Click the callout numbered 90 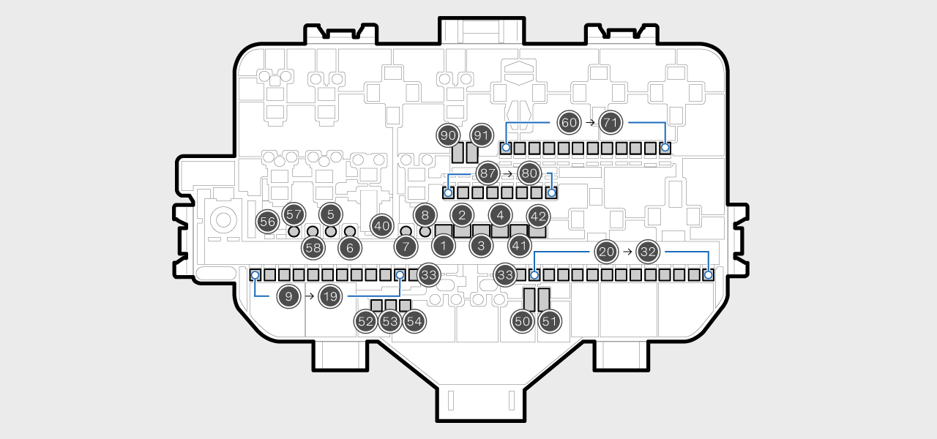tap(448, 135)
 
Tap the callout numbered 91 tap(481, 135)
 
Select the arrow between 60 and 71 tap(590, 122)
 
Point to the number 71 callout tap(611, 122)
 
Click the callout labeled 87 tap(488, 173)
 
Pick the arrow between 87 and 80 tap(508, 173)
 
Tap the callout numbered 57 tap(294, 214)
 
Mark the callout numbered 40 tap(381, 226)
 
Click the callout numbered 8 tap(425, 214)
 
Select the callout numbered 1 tap(443, 245)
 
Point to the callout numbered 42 tap(538, 217)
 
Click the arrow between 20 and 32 tap(627, 252)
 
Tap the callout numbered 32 tap(648, 252)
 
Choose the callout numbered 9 tap(289, 296)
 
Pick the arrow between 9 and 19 tap(310, 296)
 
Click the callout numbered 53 tap(390, 320)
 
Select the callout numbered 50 tap(522, 320)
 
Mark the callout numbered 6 tap(350, 247)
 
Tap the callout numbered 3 tap(481, 245)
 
